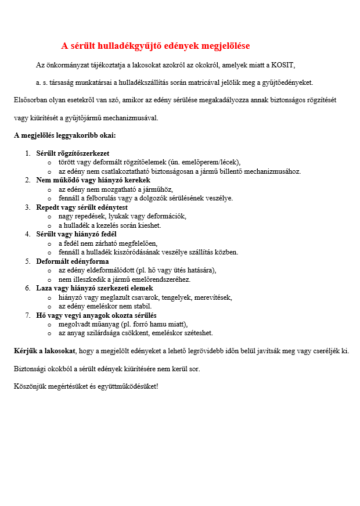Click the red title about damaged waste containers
point(156,46)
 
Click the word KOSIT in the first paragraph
point(290,64)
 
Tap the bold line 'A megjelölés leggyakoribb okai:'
point(65,135)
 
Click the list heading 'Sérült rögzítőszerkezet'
point(73,153)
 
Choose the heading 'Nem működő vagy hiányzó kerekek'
point(93,180)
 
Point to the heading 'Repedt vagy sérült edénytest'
point(82,207)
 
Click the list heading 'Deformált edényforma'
point(73,261)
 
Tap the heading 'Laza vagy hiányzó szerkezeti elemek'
point(95,288)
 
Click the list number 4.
point(27,234)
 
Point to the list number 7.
point(27,315)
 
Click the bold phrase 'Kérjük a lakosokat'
point(45,351)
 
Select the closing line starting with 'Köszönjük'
point(85,386)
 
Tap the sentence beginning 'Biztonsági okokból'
point(110,368)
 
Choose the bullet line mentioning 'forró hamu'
point(123,324)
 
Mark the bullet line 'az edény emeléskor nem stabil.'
point(105,306)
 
